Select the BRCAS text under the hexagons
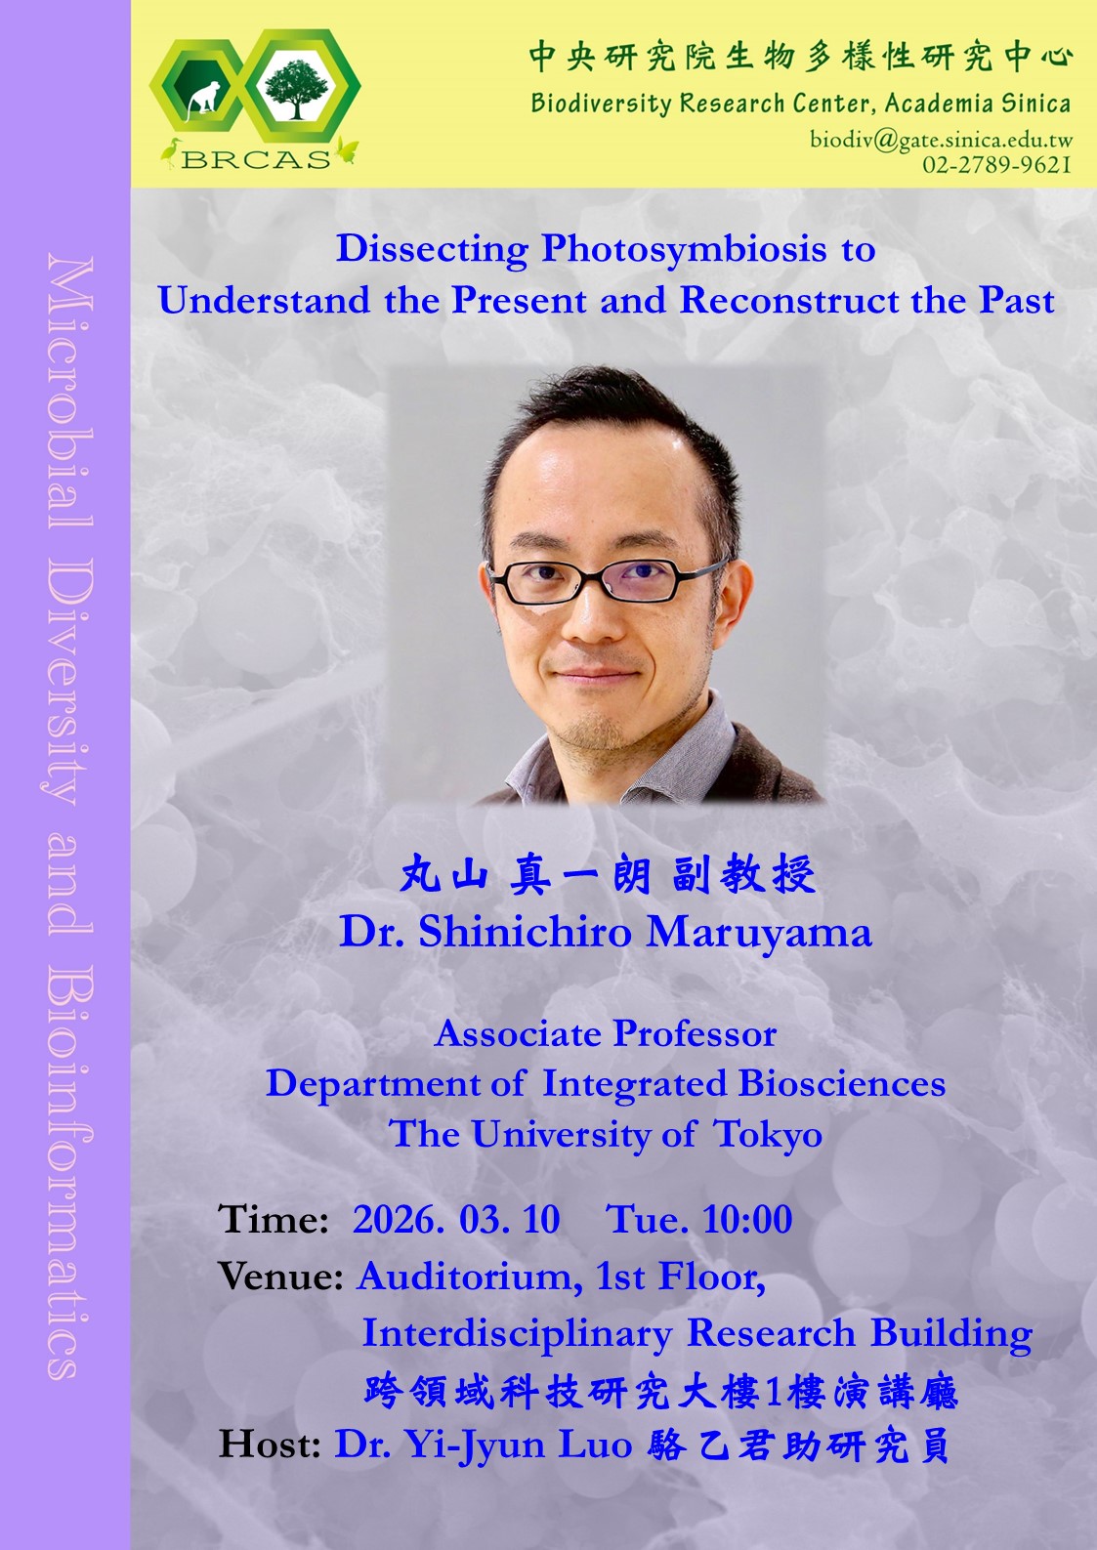(257, 160)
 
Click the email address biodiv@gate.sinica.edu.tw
(942, 141)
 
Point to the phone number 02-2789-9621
(996, 165)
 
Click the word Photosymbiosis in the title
(684, 250)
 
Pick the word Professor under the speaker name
(695, 1034)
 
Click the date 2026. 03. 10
(456, 1219)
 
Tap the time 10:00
(747, 1219)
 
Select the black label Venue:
(281, 1276)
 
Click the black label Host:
(270, 1445)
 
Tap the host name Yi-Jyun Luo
(519, 1445)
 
